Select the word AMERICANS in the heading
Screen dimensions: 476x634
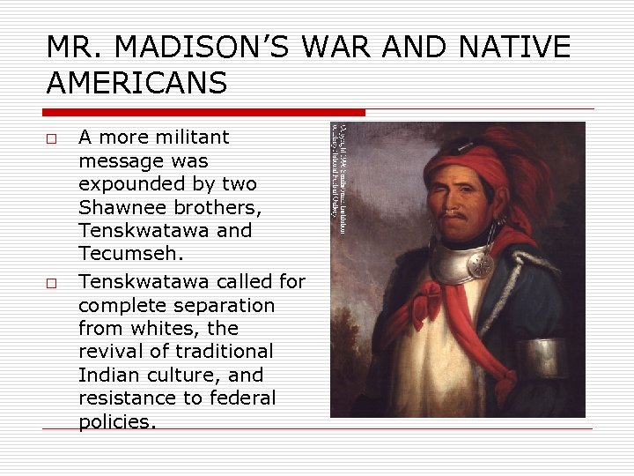pyautogui.click(x=136, y=83)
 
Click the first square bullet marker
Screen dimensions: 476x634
pyautogui.click(x=52, y=139)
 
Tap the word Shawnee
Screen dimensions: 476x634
pyautogui.click(x=122, y=208)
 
